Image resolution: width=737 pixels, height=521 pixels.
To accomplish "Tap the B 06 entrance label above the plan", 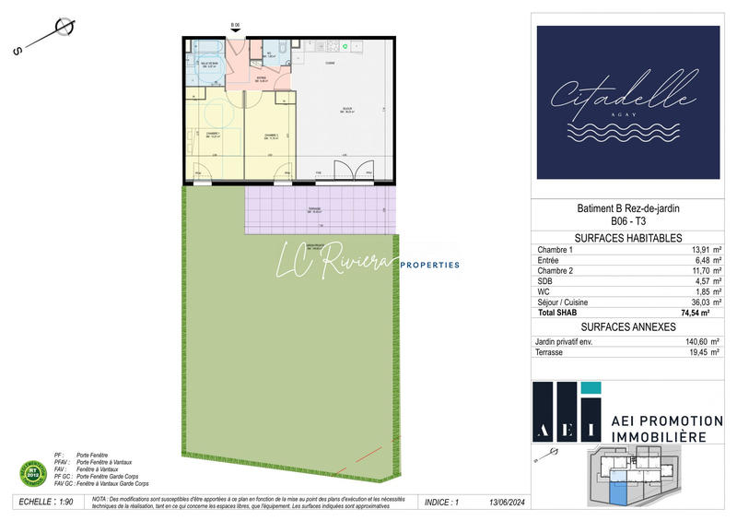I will [234, 26].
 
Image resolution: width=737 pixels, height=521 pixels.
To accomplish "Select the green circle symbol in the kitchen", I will [345, 45].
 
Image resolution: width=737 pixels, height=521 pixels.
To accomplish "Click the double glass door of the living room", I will [354, 171].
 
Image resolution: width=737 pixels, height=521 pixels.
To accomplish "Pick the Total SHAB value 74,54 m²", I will [698, 314].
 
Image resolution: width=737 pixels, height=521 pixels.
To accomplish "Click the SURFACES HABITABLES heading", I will [627, 237].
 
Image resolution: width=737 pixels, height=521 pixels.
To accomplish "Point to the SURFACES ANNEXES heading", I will [627, 327].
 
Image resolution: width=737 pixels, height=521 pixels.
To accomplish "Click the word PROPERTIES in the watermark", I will [428, 265].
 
